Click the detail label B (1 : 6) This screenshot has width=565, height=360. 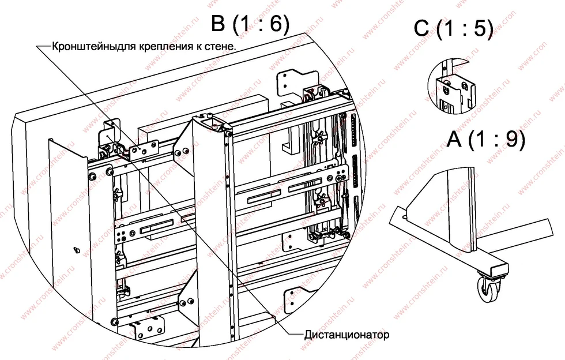[250, 24]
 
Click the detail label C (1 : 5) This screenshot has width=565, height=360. [453, 28]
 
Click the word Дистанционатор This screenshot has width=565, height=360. [346, 335]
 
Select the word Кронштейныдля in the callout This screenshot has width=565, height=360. [93, 47]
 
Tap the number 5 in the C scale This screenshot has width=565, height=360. [479, 28]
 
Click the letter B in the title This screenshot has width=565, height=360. [219, 24]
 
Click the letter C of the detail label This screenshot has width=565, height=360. [421, 28]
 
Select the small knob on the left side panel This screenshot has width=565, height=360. [76, 249]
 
